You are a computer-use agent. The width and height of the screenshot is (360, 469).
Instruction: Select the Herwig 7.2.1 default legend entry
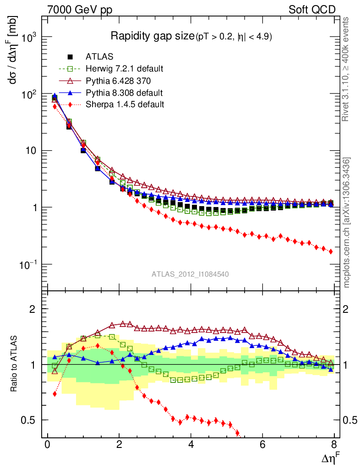pos(124,69)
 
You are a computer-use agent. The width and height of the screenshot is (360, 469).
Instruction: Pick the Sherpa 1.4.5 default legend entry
pos(125,104)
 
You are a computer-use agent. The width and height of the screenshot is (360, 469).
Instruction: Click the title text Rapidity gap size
pos(153,36)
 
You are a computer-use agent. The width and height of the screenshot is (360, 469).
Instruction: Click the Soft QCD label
pos(312,10)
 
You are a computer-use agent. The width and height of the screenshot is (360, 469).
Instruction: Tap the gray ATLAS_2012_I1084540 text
pos(190,274)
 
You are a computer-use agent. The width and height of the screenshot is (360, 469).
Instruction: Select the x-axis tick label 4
pos(191,445)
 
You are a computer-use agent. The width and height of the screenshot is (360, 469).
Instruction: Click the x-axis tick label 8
pos(334,445)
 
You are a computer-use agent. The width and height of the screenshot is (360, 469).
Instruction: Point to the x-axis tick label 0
pos(48,445)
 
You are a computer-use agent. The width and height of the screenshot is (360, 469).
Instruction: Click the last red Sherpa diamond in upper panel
pos(331,251)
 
